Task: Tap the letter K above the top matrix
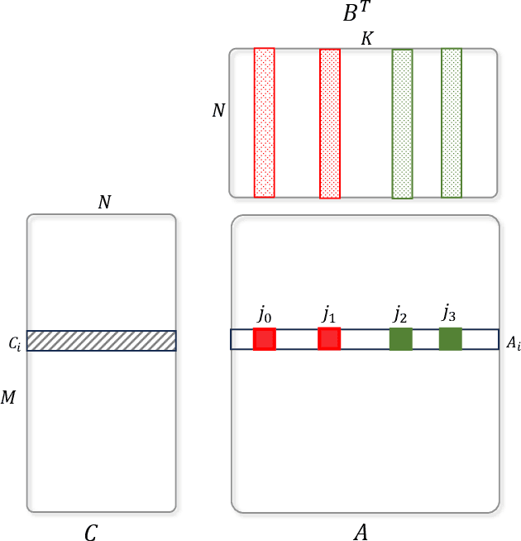(x=366, y=39)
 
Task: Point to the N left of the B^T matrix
(x=217, y=110)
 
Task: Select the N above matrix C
(x=104, y=202)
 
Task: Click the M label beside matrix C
(x=9, y=398)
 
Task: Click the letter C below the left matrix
(x=91, y=534)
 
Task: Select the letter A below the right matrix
(x=361, y=534)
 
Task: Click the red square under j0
(x=264, y=339)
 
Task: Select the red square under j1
(x=329, y=338)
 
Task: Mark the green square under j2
(x=401, y=339)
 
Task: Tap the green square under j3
(x=451, y=338)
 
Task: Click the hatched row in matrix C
(x=102, y=341)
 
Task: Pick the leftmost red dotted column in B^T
(x=264, y=122)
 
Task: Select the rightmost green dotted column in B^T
(x=452, y=122)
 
